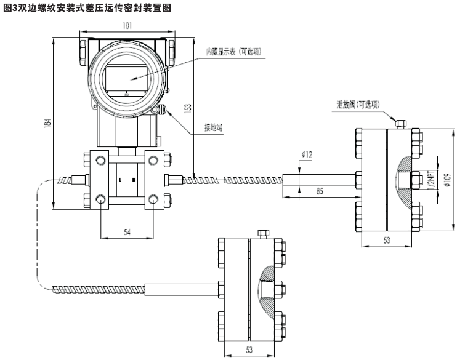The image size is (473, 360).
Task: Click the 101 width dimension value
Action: [x=126, y=26]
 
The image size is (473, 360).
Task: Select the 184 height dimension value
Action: [x=47, y=123]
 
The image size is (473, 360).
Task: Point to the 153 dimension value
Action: [x=188, y=107]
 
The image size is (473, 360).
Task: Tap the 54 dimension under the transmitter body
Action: [x=127, y=232]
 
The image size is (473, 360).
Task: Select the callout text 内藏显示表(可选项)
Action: [x=233, y=52]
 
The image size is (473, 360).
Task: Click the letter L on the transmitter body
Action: [x=120, y=180]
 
